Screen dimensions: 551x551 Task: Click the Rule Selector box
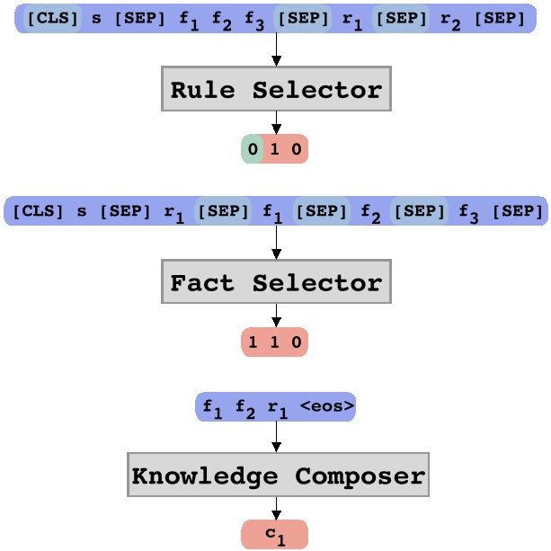pos(276,89)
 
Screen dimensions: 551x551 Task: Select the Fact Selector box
pos(276,282)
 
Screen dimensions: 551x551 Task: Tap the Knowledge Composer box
pos(278,475)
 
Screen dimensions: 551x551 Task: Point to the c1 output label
pos(274,535)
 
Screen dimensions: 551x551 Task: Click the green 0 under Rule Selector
pos(253,148)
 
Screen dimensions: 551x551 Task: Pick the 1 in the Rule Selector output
pos(275,148)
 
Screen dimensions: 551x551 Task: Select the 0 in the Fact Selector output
pos(297,342)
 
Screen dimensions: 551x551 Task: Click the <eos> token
pos(327,406)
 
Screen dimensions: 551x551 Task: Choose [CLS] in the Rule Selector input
pos(53,18)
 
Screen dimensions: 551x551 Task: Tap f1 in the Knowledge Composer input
pos(213,408)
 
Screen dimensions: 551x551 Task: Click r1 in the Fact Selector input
pos(173,213)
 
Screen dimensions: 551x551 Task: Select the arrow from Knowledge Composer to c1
pos(276,509)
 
